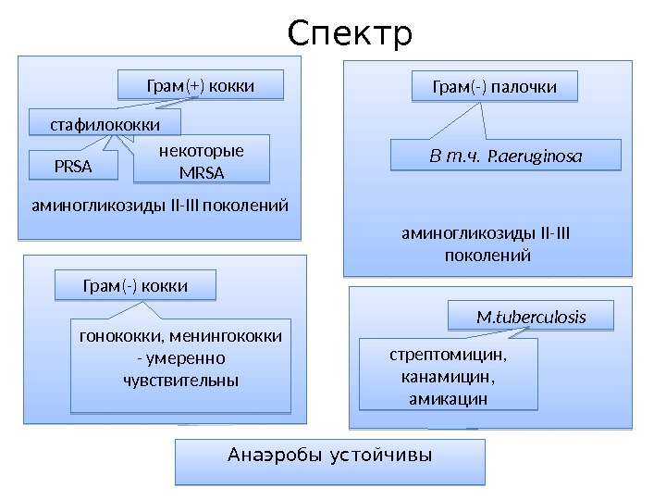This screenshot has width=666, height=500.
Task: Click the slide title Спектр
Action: [x=349, y=33]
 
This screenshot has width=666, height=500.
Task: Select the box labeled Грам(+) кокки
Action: [x=200, y=86]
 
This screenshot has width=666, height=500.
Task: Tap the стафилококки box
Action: [x=105, y=123]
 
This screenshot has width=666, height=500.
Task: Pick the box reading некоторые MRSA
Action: [x=202, y=162]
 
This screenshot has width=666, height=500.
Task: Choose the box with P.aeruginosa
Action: [x=505, y=156]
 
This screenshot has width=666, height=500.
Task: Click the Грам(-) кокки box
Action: [x=135, y=286]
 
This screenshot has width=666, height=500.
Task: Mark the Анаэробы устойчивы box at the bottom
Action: [x=330, y=458]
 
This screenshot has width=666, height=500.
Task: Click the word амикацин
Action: [x=448, y=398]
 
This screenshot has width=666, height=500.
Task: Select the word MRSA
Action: [x=203, y=172]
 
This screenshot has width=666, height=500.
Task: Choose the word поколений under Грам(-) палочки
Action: [x=487, y=254]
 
